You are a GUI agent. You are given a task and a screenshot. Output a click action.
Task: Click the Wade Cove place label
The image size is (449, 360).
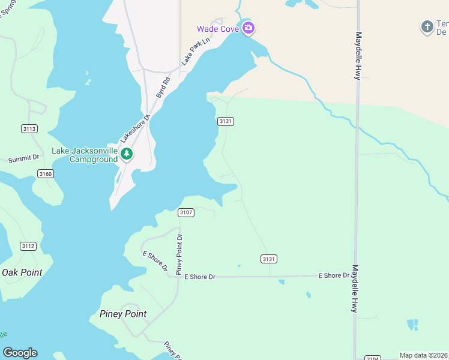click(218, 28)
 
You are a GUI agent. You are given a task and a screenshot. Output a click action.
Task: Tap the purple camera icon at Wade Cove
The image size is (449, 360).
click(249, 28)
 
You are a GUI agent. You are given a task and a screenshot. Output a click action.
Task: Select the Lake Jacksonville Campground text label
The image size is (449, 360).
click(85, 155)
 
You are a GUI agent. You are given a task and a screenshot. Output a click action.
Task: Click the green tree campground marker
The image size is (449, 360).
click(126, 154)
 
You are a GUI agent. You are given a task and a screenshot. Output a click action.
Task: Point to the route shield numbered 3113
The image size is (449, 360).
click(29, 128)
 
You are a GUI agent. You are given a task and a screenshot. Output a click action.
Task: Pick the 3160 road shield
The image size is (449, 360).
click(45, 173)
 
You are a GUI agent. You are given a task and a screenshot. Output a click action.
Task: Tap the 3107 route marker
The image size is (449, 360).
click(186, 212)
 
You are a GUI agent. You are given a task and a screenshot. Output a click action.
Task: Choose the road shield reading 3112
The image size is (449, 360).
click(28, 246)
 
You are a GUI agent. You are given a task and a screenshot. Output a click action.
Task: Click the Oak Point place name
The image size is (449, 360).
click(22, 272)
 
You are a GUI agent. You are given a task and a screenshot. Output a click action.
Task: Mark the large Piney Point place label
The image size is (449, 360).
click(122, 314)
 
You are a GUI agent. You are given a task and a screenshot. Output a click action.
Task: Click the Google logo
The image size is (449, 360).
click(20, 353)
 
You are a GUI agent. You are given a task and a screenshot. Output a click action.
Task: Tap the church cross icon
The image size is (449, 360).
click(427, 26)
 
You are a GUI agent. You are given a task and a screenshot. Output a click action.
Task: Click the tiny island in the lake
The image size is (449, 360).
click(88, 81)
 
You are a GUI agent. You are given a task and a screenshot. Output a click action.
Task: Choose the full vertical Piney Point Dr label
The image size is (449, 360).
click(178, 254)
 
